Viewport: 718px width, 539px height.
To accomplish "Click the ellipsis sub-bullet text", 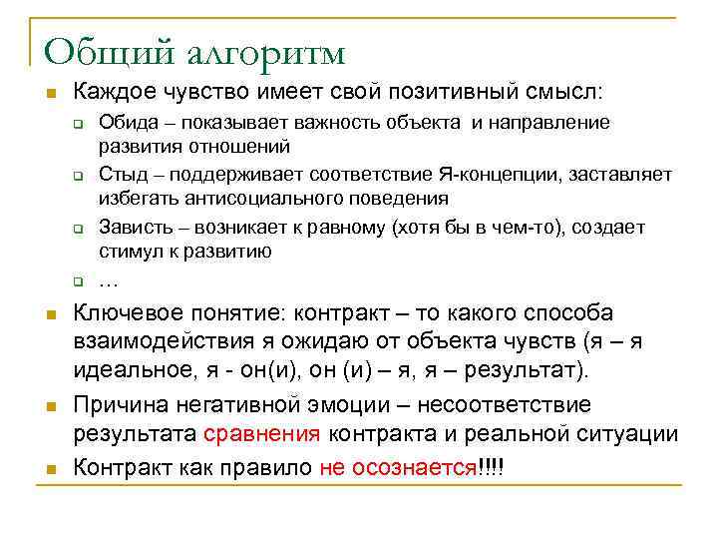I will point(109,278).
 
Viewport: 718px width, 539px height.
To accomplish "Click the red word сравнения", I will point(261,434).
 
